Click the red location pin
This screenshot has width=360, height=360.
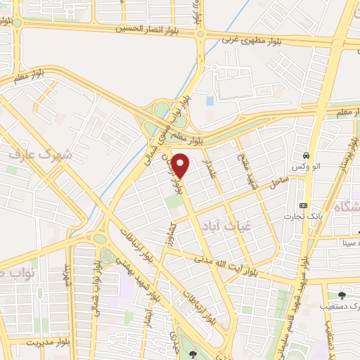point(181,165)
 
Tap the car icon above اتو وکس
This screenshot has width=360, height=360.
point(306,155)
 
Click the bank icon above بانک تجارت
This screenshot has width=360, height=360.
point(303,205)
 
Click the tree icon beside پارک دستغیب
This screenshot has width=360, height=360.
point(342,295)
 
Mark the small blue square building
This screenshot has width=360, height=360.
point(210,101)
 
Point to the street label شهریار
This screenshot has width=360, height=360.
point(68,276)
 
